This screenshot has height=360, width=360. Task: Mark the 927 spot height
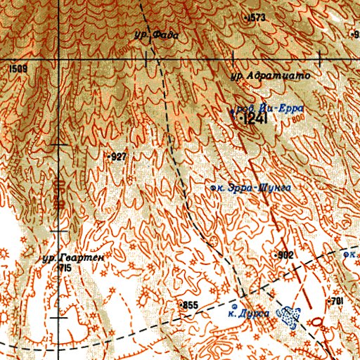coord(117,157)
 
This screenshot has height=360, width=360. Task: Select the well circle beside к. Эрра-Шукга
coord(213,188)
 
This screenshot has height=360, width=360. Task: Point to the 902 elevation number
coord(285,255)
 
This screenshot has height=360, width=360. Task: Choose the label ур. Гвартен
coord(72,258)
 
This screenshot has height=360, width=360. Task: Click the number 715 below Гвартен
coord(65,269)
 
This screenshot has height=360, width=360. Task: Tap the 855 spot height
coord(190,304)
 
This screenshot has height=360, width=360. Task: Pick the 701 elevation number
coord(336,301)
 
